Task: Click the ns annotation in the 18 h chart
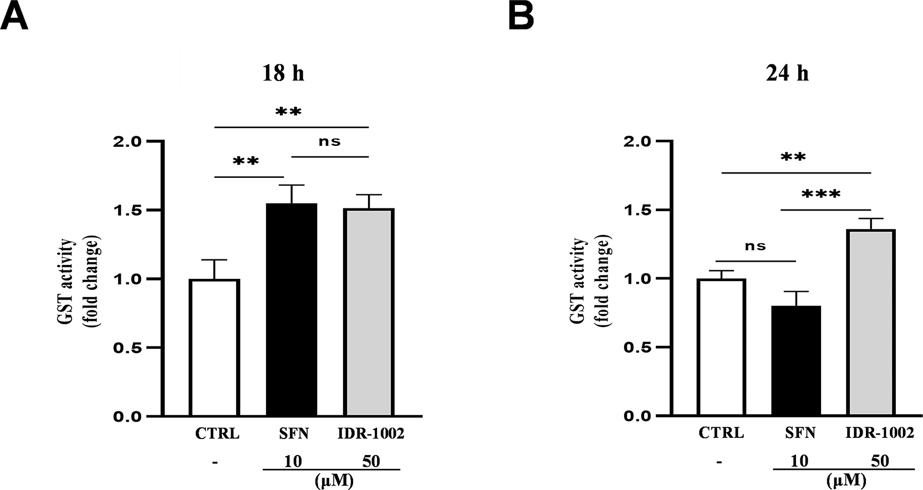tap(329, 142)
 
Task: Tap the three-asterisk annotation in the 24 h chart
tap(821, 195)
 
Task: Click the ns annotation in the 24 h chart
tap(755, 246)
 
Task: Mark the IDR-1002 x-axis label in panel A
tap(371, 433)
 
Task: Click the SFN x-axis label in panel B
tap(800, 433)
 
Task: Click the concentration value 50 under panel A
tap(371, 461)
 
